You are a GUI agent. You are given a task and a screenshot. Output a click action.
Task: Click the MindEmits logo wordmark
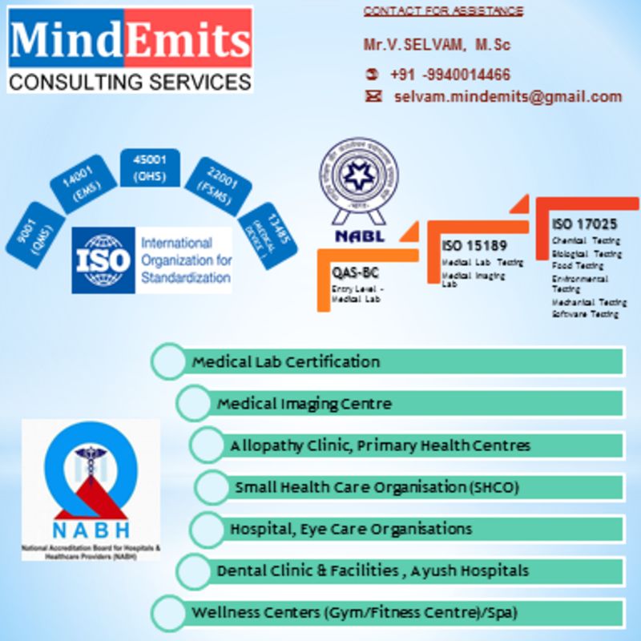click(130, 40)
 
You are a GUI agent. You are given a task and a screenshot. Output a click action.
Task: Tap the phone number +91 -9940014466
click(450, 75)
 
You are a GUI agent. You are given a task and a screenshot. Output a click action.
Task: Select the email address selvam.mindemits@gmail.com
click(507, 97)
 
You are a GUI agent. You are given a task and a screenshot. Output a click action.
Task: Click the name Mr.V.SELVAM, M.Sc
click(437, 45)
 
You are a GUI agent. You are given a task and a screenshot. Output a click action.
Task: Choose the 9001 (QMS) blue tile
click(34, 233)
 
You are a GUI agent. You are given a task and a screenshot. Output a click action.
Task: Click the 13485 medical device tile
click(268, 236)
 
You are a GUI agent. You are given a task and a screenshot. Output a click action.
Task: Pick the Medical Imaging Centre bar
click(401, 403)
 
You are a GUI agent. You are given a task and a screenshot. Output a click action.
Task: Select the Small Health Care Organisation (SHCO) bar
click(409, 486)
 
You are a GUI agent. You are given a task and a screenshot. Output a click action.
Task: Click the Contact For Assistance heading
click(443, 11)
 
